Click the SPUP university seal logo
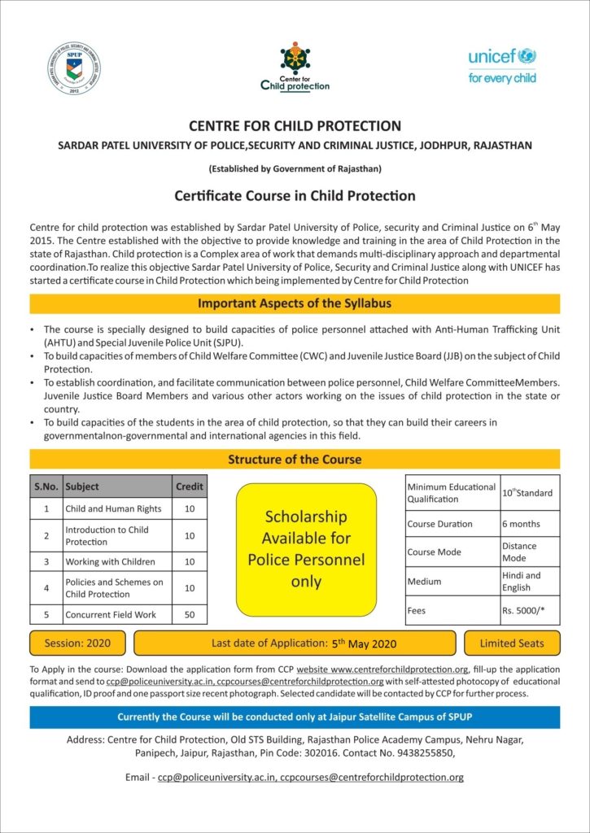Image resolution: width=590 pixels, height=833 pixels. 74,68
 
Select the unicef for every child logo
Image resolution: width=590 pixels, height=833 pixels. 502,66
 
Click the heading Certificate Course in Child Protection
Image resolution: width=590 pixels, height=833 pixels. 295,196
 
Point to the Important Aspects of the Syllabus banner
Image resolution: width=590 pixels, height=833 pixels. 295,303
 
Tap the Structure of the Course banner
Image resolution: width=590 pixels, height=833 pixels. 295,460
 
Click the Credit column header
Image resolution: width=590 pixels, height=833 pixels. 189,486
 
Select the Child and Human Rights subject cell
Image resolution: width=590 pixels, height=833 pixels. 114,509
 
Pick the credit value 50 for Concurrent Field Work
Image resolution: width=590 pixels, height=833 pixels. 189,615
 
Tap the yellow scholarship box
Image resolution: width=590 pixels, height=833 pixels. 306,549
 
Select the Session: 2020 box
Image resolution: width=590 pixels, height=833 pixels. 77,643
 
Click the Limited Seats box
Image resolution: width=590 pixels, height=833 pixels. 512,643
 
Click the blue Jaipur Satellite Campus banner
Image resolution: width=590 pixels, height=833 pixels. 295,717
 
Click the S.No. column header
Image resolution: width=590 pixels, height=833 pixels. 46,486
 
